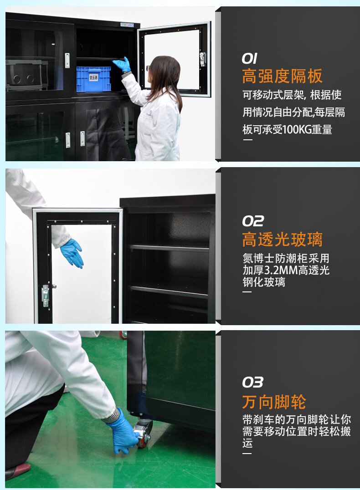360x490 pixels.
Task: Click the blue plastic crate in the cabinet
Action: click(x=93, y=79)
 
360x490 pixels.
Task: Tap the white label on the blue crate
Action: click(x=93, y=77)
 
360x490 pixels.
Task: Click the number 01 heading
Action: click(x=249, y=58)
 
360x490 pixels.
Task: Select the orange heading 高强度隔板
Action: click(x=282, y=76)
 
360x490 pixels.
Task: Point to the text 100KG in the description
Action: click(x=296, y=129)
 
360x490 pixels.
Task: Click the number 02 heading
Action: click(x=253, y=221)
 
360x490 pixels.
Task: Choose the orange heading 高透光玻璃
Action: click(x=282, y=240)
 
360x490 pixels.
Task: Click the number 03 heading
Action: click(x=253, y=382)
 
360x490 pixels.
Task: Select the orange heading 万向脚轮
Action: click(x=274, y=402)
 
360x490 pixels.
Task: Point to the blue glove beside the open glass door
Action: click(x=72, y=253)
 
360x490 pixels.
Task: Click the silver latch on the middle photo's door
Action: click(x=46, y=295)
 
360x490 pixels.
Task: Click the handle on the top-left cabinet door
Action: click(x=67, y=60)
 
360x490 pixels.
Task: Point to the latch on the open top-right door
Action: click(x=203, y=59)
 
